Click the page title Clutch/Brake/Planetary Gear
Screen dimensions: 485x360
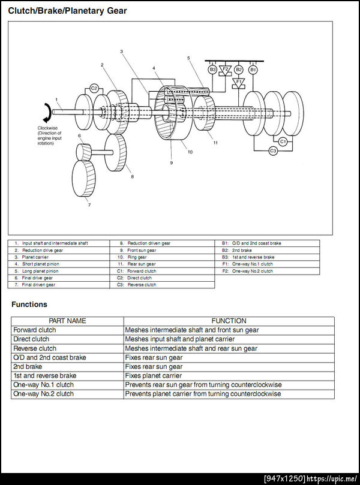67,10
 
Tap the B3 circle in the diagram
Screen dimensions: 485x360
212,70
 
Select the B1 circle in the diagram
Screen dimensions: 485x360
253,70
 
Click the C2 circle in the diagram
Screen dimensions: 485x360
94,89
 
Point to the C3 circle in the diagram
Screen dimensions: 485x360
273,151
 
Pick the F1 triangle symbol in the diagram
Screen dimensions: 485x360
238,82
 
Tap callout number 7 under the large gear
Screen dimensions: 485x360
89,205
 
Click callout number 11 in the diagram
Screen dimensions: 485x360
215,143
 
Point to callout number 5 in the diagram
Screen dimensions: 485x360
188,58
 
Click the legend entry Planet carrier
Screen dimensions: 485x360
34,257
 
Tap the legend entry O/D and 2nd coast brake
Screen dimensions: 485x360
256,243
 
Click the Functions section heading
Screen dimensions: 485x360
29,305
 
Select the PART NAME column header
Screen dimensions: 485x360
67,321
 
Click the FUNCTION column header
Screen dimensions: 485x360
229,321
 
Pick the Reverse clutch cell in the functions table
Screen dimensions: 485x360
35,348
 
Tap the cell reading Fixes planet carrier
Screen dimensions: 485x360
154,376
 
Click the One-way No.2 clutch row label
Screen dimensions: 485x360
43,394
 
